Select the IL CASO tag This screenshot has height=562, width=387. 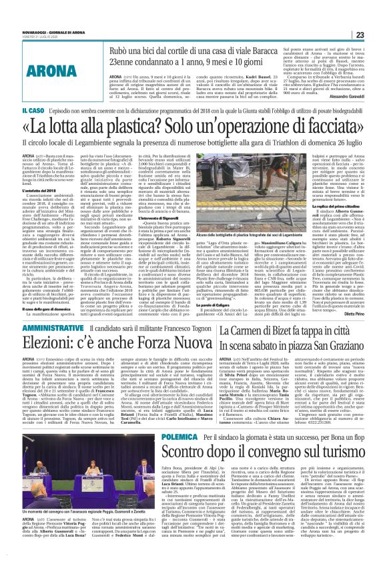pos(34,110)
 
